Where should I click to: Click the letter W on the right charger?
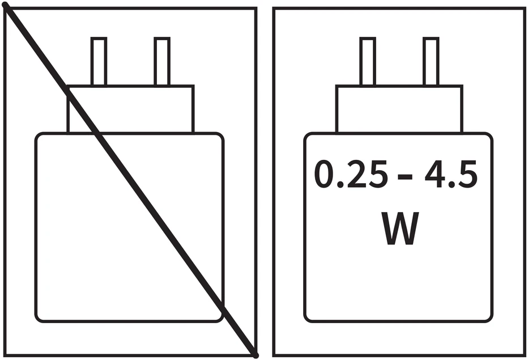point(400,228)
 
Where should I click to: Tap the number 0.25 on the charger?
point(351,174)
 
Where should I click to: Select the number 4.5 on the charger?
point(451,174)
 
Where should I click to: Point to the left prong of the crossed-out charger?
point(99,62)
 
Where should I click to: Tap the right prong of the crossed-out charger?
point(162,62)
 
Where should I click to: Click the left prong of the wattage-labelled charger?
point(368,62)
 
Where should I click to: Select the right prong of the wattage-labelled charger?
point(431,62)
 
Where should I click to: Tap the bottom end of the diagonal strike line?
point(256,355)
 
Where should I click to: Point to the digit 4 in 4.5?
point(435,174)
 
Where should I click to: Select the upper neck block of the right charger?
point(399,109)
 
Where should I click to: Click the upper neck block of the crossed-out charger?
point(130,109)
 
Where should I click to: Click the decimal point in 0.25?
point(340,184)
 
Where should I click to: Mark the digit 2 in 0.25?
point(356,174)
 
